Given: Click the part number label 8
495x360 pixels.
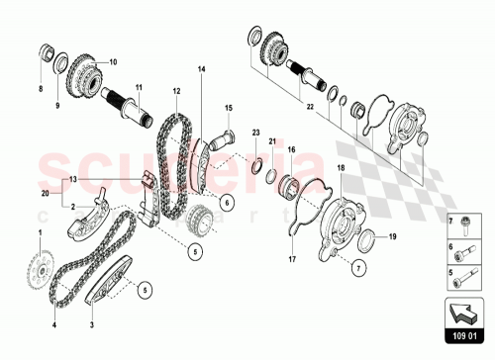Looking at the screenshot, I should pos(41,88).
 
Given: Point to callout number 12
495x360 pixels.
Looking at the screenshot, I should pos(176,90).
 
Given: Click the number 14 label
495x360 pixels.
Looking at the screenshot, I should pos(201,68).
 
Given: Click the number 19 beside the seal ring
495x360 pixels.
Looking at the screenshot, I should pos(391,237).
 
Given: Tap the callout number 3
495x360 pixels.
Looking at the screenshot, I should pos(92,324).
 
